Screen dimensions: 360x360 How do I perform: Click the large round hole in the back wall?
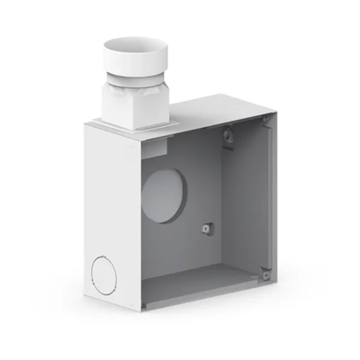(x=164, y=194)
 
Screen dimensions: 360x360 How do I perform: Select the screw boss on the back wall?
(x=207, y=229)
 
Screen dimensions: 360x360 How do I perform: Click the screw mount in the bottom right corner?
(x=265, y=271)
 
